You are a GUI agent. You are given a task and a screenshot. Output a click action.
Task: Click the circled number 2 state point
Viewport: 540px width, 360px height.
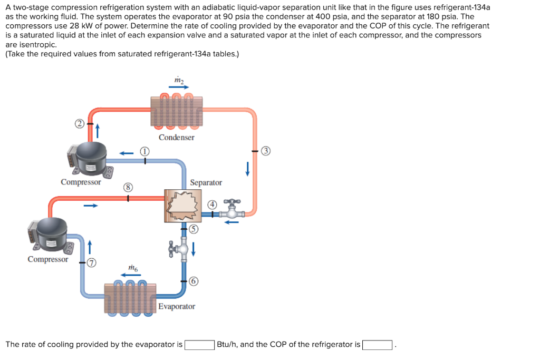point(80,124)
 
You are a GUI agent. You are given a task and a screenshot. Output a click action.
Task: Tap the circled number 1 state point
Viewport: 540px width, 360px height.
point(144,151)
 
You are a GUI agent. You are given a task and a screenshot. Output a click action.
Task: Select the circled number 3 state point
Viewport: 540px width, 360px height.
point(267,151)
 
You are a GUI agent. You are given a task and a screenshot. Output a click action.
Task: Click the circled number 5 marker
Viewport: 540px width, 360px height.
point(194,229)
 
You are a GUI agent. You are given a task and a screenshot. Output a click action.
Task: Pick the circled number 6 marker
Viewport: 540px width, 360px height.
point(194,281)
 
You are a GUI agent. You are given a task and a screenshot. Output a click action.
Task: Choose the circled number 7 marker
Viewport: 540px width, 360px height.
point(91,262)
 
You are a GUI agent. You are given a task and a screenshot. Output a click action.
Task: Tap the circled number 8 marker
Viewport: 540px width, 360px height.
point(127,187)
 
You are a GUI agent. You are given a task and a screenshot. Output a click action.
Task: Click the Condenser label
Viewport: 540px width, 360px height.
point(176,138)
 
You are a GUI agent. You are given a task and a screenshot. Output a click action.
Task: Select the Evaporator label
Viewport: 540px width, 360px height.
point(177,306)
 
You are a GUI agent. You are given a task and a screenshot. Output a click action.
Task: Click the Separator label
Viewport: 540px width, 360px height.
point(206,182)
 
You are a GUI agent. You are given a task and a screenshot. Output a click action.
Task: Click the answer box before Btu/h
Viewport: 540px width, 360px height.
point(199,345)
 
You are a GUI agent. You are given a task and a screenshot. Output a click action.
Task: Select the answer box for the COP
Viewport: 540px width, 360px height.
point(377,345)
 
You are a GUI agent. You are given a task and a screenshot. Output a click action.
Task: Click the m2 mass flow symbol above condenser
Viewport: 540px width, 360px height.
point(179,80)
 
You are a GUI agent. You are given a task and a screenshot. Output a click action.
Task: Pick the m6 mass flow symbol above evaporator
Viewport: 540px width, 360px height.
point(133,268)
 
